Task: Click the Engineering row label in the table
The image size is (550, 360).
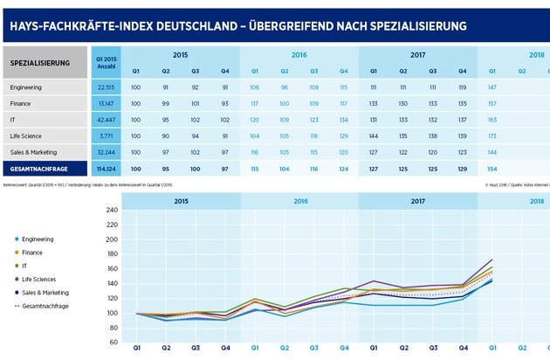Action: [x=26, y=87]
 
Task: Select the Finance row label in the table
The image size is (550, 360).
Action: [x=22, y=102]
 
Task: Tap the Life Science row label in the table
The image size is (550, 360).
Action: [x=27, y=135]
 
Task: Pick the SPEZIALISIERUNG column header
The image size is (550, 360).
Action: [x=42, y=64]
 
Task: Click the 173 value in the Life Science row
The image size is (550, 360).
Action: [x=493, y=135]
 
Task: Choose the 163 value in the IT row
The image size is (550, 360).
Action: [x=493, y=119]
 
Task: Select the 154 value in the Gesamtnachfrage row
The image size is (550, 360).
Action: [x=493, y=167]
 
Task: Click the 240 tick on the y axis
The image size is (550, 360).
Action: [x=111, y=211]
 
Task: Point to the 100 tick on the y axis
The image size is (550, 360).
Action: [x=111, y=313]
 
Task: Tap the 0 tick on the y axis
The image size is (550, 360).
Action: [x=115, y=350]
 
